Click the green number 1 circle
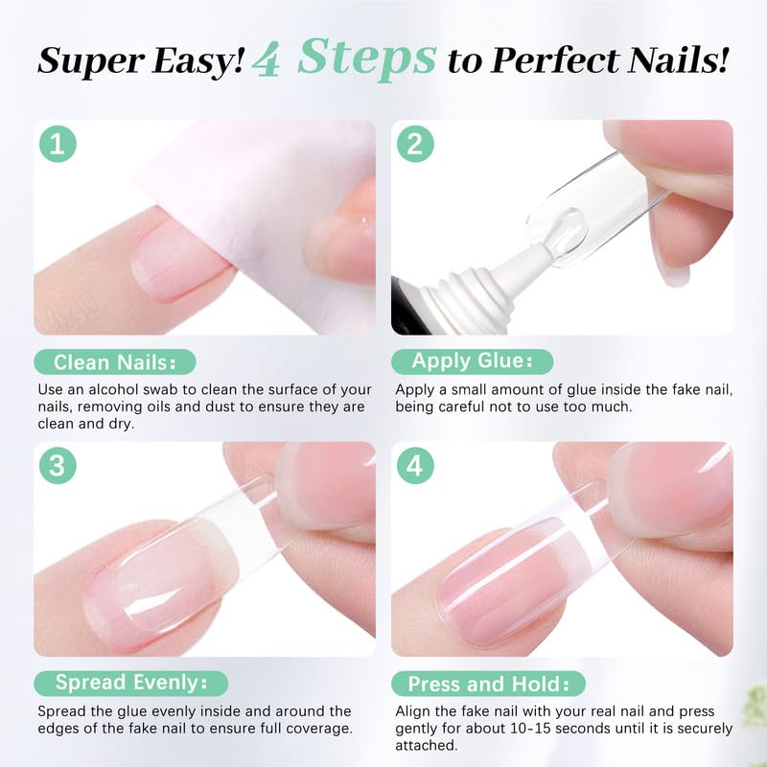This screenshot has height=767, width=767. (58, 145)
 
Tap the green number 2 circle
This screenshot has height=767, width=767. (415, 145)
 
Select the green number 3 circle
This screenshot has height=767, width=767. (58, 466)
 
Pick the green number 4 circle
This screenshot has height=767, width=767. (415, 466)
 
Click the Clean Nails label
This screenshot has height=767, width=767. (114, 361)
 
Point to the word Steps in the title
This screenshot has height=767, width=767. (366, 58)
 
